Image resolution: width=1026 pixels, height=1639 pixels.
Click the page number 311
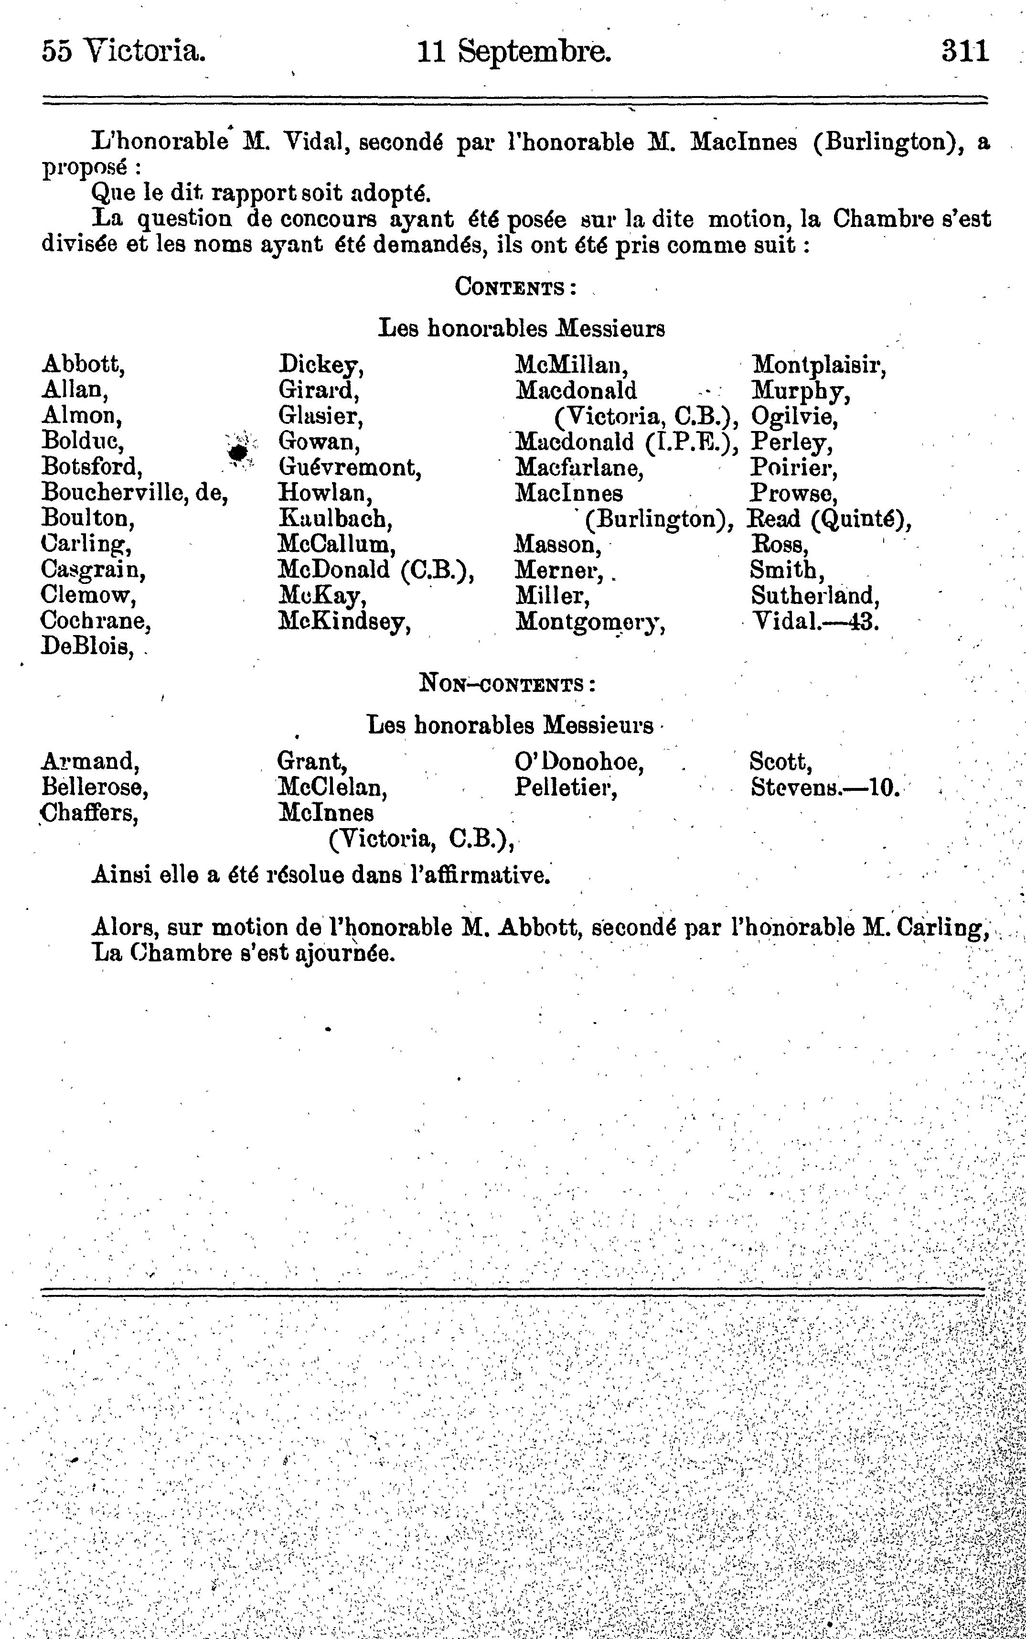coord(964,52)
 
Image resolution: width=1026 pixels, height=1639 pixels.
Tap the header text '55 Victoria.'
coord(124,52)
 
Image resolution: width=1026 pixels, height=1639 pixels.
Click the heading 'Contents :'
coord(515,287)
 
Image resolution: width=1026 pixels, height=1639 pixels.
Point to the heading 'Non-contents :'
coord(508,683)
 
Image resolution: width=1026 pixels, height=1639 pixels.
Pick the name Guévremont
coord(350,468)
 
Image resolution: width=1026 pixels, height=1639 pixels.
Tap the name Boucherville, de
coord(134,493)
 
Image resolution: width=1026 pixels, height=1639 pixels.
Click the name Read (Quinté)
coord(829,519)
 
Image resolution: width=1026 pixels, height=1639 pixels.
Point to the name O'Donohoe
coord(579,762)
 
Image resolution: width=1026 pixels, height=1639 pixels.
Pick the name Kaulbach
coord(335,519)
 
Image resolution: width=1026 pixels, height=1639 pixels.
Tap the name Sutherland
coord(814,596)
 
